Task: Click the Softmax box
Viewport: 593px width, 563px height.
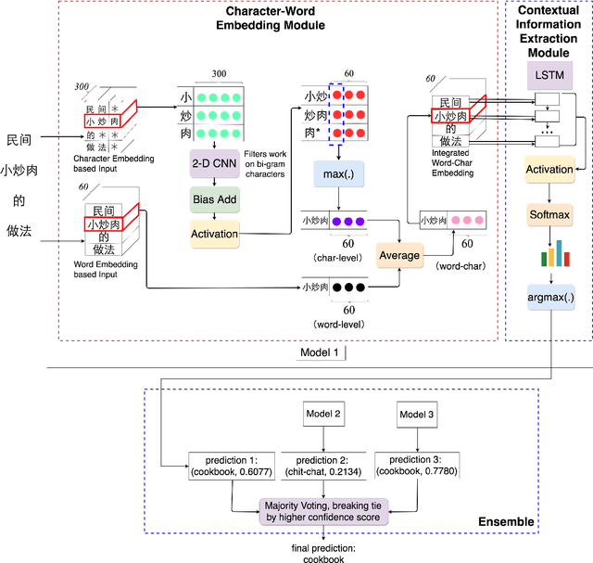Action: [549, 215]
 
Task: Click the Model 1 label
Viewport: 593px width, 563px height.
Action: [321, 353]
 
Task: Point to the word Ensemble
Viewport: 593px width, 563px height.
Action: [505, 522]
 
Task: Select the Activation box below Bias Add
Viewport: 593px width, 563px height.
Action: [214, 234]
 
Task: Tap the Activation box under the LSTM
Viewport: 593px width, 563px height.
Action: [549, 170]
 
